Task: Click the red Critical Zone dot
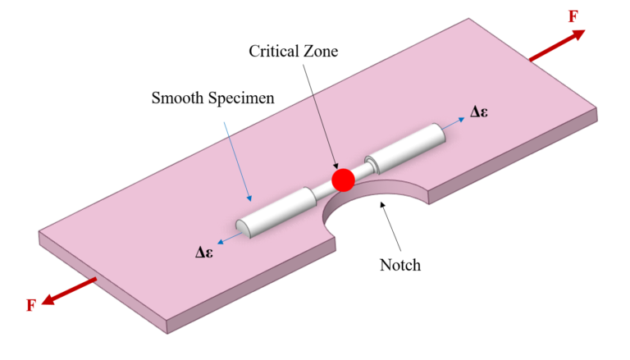coord(343,180)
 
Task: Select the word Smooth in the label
coord(177,98)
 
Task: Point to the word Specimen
coord(241,98)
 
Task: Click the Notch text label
coord(400,265)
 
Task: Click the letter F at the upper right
coord(573,17)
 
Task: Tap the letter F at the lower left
coord(31,306)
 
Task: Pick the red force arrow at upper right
coord(557,45)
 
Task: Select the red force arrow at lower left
coord(69,291)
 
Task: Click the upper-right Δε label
coord(479,112)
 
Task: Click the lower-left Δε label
coord(204,253)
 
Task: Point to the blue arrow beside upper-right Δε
coord(453,124)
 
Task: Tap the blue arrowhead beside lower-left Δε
coord(220,241)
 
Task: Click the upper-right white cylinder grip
coord(406,147)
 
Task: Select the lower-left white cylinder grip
coord(277,212)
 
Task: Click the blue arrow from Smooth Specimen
coord(238,162)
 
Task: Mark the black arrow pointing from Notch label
coord(390,226)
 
